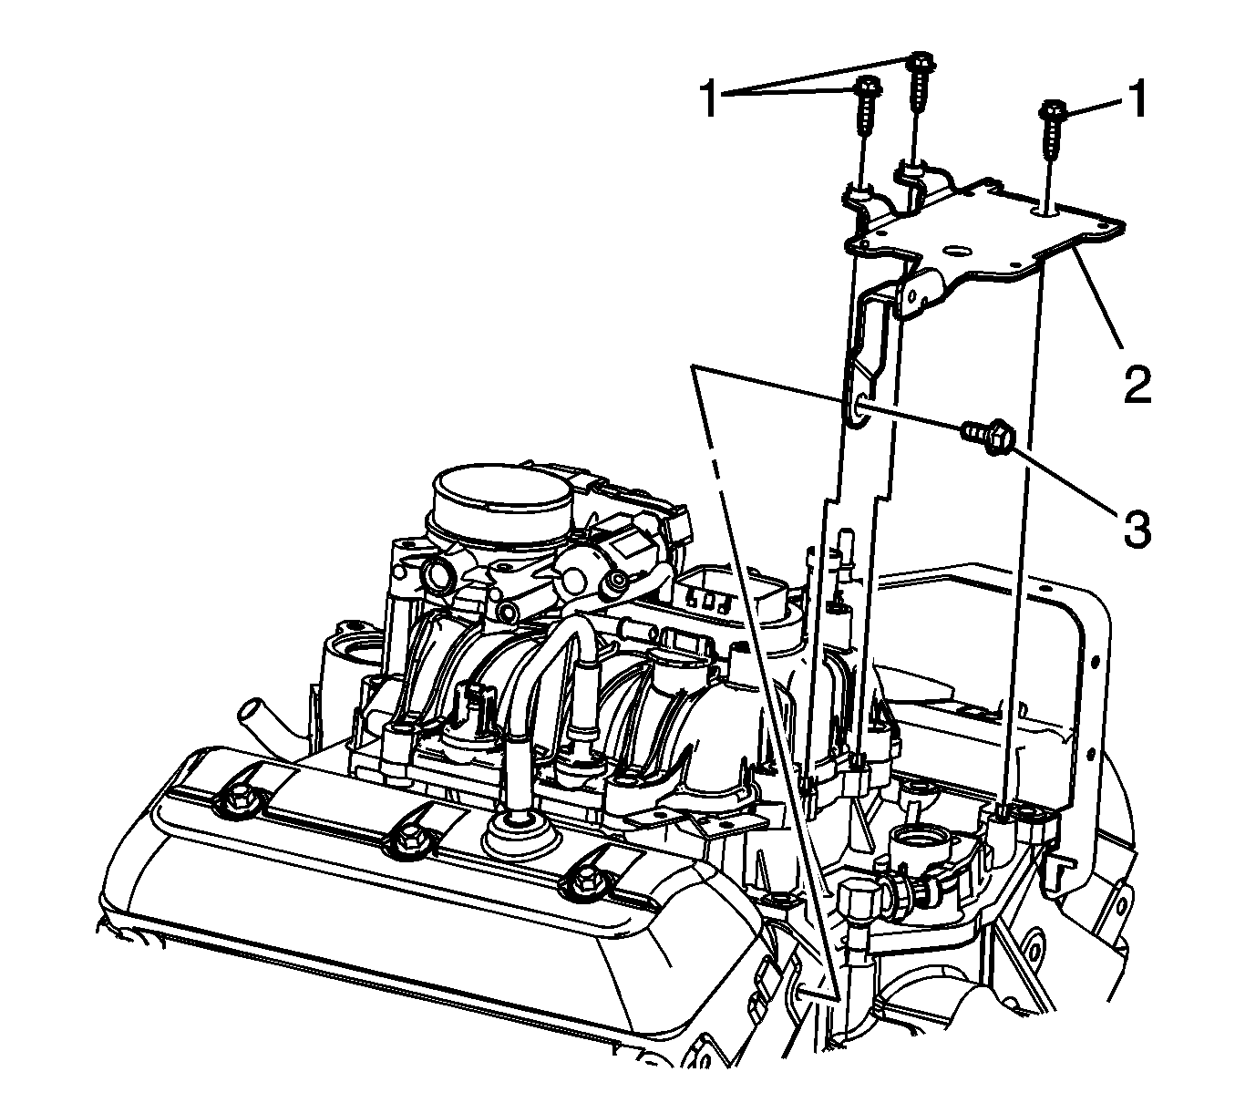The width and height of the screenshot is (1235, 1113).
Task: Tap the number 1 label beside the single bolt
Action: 1137,99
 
